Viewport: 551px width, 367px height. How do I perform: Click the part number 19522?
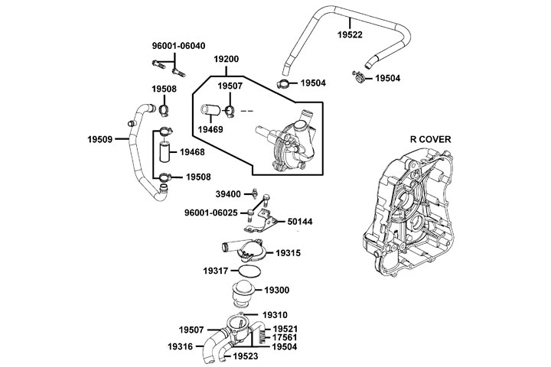tap(350, 35)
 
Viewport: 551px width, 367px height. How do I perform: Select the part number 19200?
tap(227, 58)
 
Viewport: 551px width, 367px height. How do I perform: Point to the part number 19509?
tap(103, 140)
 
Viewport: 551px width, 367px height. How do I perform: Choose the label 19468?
tap(193, 152)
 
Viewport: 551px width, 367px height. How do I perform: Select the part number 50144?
tap(300, 222)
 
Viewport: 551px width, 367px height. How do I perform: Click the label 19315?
tap(289, 252)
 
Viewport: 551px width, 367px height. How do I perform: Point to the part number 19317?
tap(216, 271)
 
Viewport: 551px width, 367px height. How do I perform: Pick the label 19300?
tap(276, 291)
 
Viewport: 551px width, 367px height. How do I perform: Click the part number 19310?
tap(275, 314)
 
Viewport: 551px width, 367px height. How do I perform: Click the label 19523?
tap(246, 356)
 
